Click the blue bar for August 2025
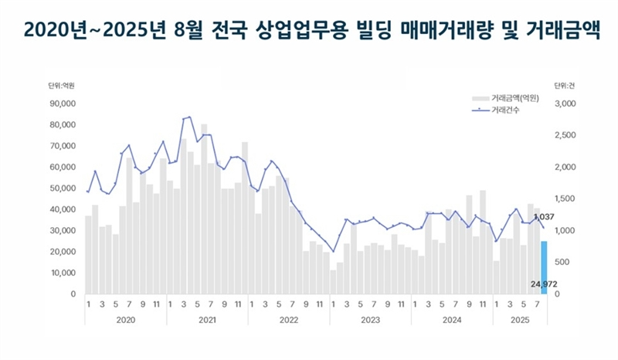coord(544,267)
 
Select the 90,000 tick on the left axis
coord(63,104)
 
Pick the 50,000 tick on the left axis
coord(63,188)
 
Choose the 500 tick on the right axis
coord(562,263)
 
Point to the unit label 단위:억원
coord(61,85)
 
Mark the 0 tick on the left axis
coord(73,294)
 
